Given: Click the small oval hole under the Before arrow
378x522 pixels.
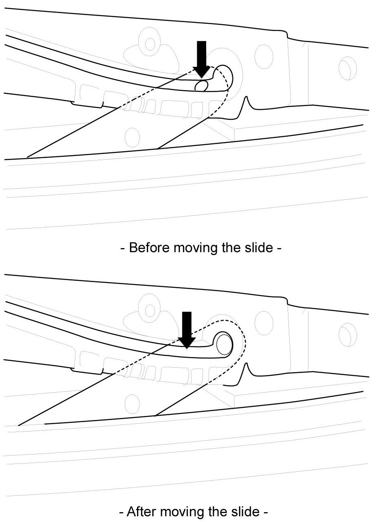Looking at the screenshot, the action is [201, 86].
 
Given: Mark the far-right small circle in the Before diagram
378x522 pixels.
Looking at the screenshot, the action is [346, 67].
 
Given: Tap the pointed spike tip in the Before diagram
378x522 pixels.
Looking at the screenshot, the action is [247, 97].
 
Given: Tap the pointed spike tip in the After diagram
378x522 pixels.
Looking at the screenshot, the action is [247, 363].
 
